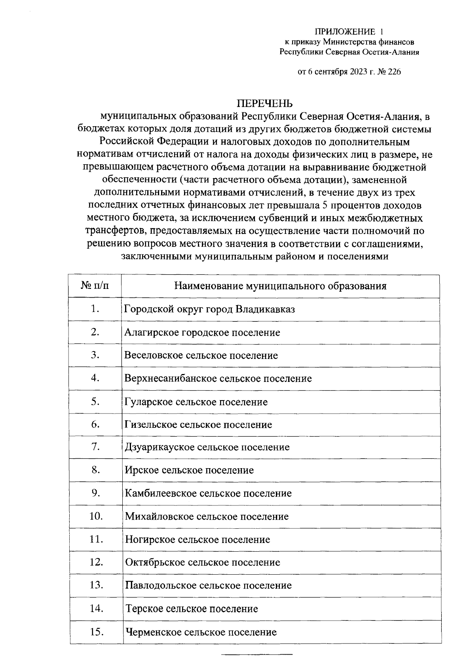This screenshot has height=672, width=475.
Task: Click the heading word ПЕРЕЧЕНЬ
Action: (x=265, y=104)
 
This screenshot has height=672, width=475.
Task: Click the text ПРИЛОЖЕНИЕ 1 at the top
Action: (x=349, y=31)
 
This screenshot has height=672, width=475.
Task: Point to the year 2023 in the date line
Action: (x=359, y=72)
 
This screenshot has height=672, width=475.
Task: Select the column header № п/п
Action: (x=95, y=286)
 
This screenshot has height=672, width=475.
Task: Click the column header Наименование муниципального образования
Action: (x=280, y=286)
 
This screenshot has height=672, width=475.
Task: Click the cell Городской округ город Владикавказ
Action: (x=209, y=309)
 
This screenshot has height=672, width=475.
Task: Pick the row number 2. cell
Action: (x=95, y=332)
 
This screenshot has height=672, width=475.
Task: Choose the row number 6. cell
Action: (x=95, y=424)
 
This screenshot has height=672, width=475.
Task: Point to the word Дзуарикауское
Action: (x=160, y=447)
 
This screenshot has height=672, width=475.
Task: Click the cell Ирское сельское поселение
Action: (x=189, y=470)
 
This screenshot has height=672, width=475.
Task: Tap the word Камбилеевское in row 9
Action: (x=161, y=494)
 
